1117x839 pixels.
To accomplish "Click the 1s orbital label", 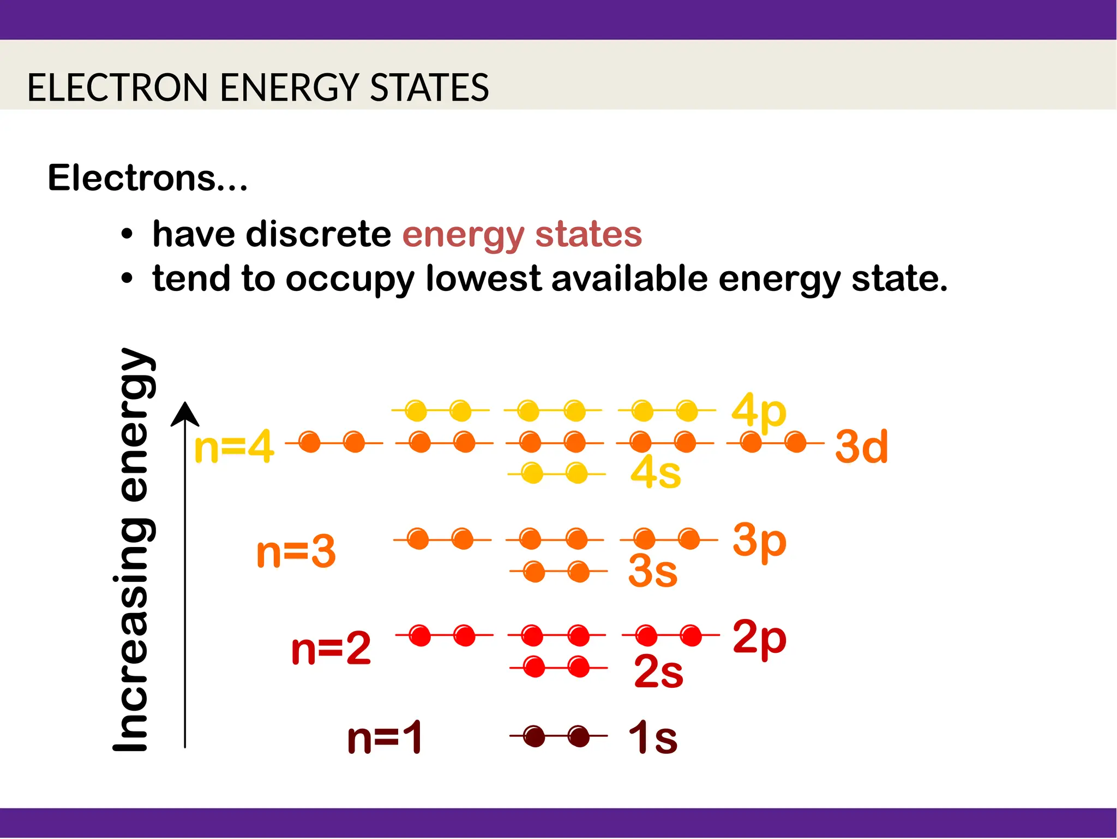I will click(x=652, y=737).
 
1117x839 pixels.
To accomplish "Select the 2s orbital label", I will click(x=658, y=671).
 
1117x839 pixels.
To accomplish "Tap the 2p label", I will click(x=759, y=637).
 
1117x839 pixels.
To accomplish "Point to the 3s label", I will click(x=652, y=572).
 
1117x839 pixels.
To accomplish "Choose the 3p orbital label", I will click(x=759, y=540).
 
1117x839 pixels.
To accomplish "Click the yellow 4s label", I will click(x=656, y=472).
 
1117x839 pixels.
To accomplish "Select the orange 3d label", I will click(x=861, y=447).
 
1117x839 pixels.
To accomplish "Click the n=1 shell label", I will click(x=385, y=737).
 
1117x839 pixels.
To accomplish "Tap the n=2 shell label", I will click(x=331, y=648).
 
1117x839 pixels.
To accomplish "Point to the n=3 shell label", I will click(x=296, y=552).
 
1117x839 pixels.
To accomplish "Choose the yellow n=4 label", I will click(x=234, y=447).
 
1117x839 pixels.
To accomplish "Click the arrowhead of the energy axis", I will click(x=185, y=414).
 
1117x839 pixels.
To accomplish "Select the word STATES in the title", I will click(x=429, y=87).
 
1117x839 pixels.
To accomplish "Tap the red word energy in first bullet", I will click(x=463, y=235).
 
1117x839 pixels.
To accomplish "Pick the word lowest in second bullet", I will click(x=483, y=278).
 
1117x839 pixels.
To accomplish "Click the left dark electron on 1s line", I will click(x=534, y=736).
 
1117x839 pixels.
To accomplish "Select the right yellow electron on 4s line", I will click(x=576, y=473).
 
